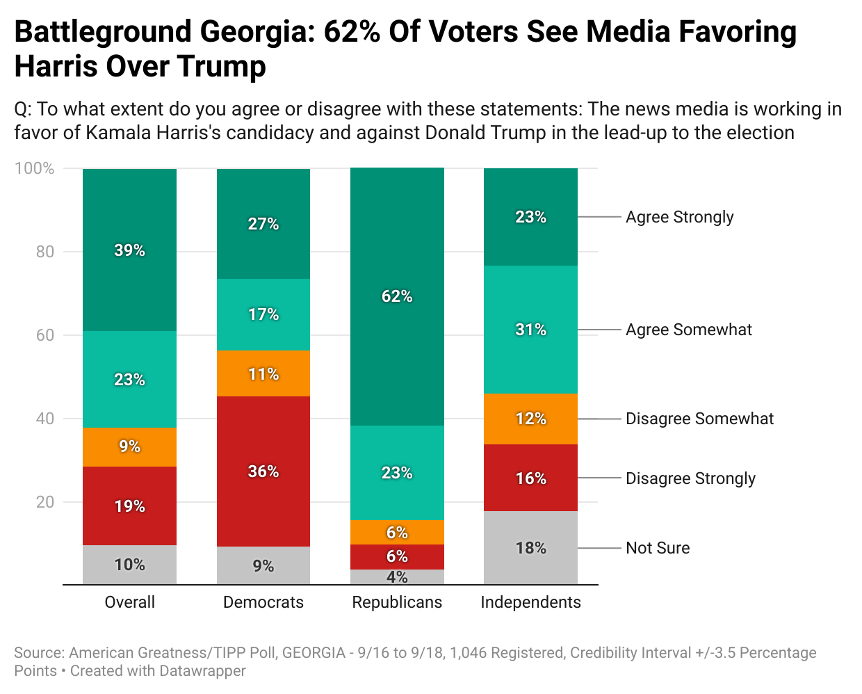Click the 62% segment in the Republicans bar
[397, 296]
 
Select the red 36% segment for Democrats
[263, 471]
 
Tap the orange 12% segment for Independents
[530, 419]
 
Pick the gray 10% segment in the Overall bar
[129, 565]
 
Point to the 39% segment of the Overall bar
[129, 250]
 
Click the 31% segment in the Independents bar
[530, 330]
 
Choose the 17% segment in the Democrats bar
[263, 314]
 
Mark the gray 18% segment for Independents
[530, 548]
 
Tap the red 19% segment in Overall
[129, 506]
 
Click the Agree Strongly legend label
[679, 217]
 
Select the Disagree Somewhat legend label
[699, 419]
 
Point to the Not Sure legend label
[658, 548]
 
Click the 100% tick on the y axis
[35, 168]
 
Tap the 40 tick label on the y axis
[44, 419]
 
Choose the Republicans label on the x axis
[397, 602]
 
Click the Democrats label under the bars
[263, 602]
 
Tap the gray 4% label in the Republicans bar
[397, 577]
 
